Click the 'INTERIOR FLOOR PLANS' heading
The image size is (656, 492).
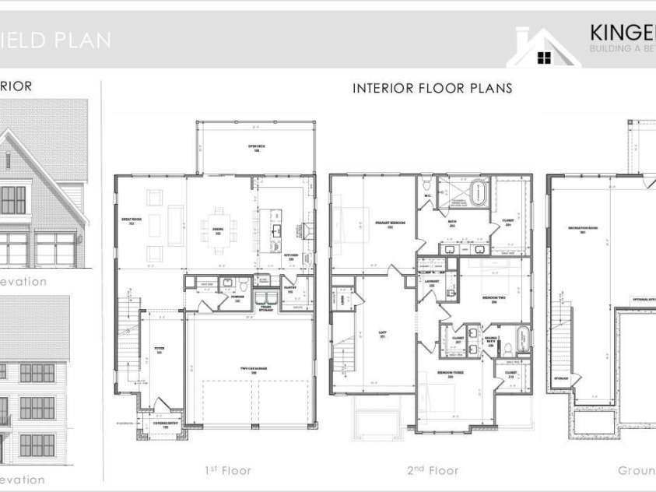point(432,88)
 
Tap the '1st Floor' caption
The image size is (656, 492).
point(228,470)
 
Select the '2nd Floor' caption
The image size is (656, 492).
point(433,470)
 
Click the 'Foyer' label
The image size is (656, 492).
point(159,352)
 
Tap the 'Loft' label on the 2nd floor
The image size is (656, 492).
point(382,336)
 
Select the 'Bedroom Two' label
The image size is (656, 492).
point(489,299)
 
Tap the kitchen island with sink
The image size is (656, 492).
point(275,229)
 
